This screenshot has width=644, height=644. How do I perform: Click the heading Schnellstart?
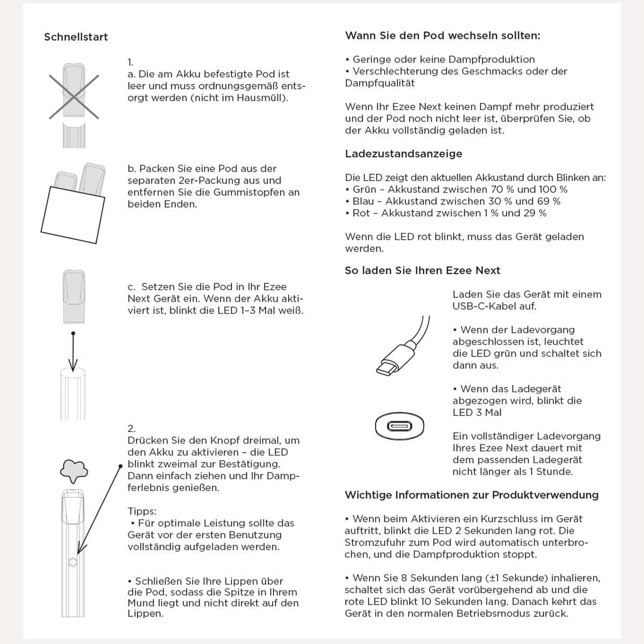click(x=76, y=37)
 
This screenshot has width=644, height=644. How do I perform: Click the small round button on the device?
click(x=73, y=562)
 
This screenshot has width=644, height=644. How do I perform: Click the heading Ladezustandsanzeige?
click(x=404, y=154)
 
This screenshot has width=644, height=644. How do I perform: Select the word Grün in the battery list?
click(x=364, y=189)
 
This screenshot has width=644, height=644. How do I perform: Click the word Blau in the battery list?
click(x=364, y=201)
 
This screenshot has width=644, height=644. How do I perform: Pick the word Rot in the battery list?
click(x=361, y=213)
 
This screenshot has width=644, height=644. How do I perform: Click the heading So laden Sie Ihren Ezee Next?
click(x=422, y=270)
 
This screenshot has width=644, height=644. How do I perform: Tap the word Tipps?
click(x=142, y=511)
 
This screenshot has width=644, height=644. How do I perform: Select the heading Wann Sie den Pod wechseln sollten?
click(x=443, y=36)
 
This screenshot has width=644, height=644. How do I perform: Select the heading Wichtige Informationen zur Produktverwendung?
click(x=471, y=495)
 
